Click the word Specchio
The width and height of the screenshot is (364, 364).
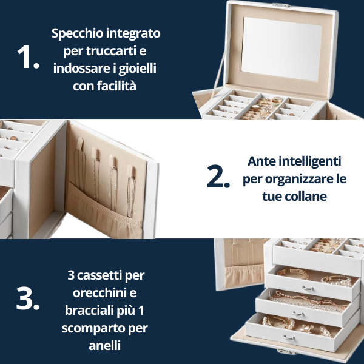pos(77,34)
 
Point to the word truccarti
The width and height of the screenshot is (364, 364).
pos(111,51)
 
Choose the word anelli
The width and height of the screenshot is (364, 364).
pos(105,345)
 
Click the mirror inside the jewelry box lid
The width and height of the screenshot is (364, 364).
pos(281,49)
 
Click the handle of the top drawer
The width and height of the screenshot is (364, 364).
pos(308,288)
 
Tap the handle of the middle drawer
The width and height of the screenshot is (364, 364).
pos(298,314)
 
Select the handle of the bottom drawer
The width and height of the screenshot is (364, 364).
pos(289,338)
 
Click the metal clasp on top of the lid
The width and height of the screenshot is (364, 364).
pos(281,5)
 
